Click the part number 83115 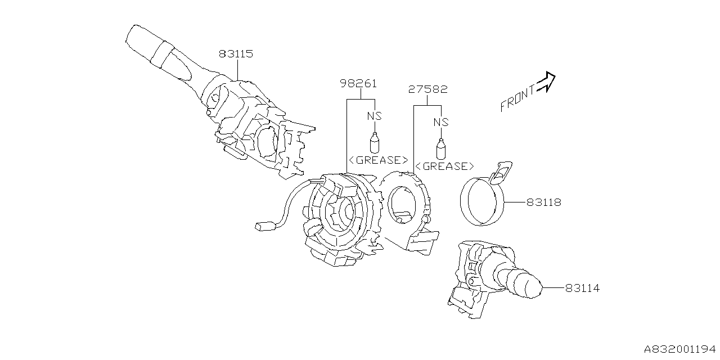pos(236,54)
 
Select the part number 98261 pos(358,84)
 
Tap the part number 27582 pos(429,89)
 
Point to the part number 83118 pos(544,201)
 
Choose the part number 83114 pos(582,288)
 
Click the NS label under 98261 pos(375,115)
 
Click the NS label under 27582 pos(441,121)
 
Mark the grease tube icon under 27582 pos(442,148)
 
